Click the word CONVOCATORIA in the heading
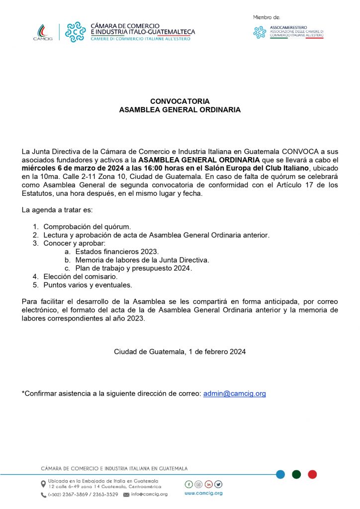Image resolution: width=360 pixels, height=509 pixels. [180, 101]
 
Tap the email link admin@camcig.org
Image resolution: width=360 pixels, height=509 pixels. [234, 393]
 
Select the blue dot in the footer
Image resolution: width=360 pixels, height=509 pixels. [280, 474]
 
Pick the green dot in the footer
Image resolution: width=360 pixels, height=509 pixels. [296, 474]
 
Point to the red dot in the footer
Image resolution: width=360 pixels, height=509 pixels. [312, 474]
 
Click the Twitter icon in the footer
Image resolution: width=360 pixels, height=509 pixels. [218, 484]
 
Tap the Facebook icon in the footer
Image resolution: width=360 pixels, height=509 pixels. [188, 484]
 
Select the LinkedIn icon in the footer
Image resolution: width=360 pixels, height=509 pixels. [208, 484]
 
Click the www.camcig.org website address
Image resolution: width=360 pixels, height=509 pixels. [203, 493]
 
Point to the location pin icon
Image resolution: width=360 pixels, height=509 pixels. [43, 484]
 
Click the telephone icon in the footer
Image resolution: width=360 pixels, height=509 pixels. [43, 495]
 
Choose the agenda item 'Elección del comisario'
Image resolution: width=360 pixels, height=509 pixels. [80, 276]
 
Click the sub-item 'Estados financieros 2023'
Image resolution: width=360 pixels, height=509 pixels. [117, 252]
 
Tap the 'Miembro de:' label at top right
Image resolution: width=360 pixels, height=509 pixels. [266, 17]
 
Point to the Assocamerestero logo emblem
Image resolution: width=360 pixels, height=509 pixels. [260, 32]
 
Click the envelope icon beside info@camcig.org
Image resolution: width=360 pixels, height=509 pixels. [126, 495]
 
